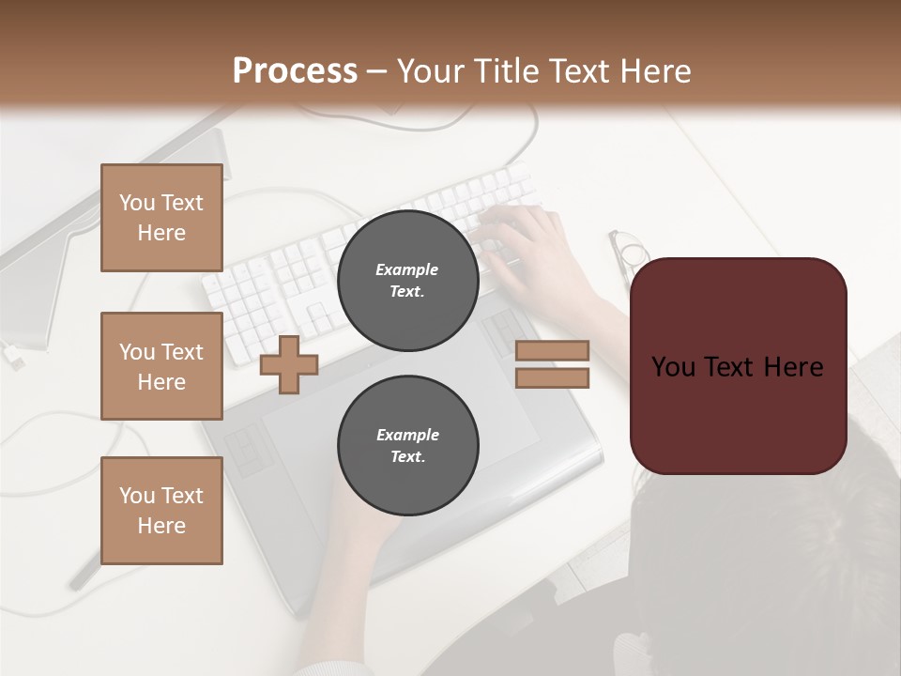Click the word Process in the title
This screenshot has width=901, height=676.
coord(295,71)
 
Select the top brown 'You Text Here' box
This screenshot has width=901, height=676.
coord(161,218)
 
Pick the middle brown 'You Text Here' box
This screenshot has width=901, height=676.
coord(161,366)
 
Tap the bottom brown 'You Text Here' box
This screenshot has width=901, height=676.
coord(161,511)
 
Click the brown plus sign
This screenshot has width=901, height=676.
coord(289,364)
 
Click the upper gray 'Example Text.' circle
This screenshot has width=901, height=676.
coord(407,281)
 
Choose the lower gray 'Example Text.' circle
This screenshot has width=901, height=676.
coord(407,446)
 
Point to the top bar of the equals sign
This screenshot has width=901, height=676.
coord(552,351)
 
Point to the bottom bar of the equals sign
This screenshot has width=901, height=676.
coord(552,378)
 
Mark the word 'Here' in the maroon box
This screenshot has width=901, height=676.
coord(792,367)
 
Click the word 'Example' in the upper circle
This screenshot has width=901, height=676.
coord(407,269)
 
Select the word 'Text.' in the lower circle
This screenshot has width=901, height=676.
coord(407,457)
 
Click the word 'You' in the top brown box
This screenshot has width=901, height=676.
coord(137,203)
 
